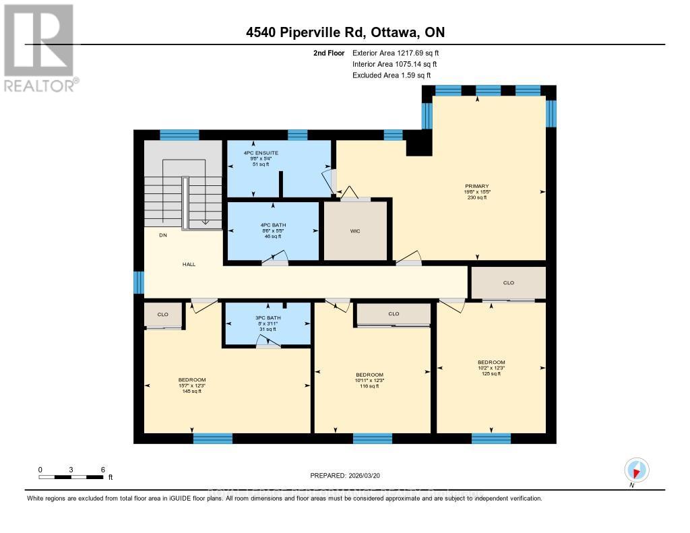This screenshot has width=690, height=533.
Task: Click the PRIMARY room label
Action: tap(476, 186)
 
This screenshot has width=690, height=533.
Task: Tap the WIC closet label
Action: tap(355, 231)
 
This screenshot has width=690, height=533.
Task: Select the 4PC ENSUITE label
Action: tap(261, 153)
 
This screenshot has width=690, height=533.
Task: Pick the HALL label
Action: tap(189, 264)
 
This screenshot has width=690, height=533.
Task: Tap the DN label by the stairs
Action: tap(162, 236)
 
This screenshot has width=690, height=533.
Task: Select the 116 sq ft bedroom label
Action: tap(369, 375)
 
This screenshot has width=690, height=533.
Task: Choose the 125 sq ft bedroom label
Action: tap(491, 363)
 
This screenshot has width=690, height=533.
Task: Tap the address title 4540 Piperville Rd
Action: tap(344, 32)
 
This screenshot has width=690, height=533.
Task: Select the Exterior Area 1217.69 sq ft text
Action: tap(396, 53)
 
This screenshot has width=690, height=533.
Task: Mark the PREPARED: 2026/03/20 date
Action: tap(345, 476)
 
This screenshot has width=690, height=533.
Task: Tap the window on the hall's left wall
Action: tap(139, 282)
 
